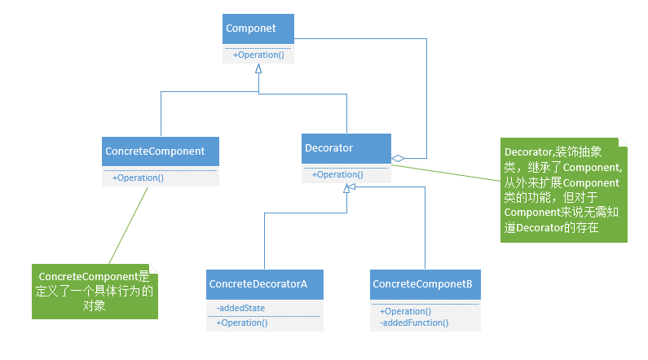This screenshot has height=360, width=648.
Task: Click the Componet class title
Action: (x=250, y=28)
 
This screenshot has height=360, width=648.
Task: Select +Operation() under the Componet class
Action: (x=258, y=55)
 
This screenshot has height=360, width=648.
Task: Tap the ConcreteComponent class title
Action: (x=155, y=151)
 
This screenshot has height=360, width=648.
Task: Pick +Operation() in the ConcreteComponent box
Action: (x=138, y=178)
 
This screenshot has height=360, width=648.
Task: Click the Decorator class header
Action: (x=329, y=147)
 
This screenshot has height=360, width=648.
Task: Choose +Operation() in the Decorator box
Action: (x=337, y=174)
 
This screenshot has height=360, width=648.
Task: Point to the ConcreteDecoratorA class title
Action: (x=258, y=284)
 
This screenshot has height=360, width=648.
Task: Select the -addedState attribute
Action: (x=240, y=308)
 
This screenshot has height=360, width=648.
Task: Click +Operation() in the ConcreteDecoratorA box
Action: (x=242, y=323)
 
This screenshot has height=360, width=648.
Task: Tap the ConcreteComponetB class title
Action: (x=422, y=284)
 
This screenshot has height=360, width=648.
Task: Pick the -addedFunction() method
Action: (x=414, y=323)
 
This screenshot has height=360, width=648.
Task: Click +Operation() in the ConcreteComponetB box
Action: (x=405, y=311)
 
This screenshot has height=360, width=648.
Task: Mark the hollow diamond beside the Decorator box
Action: (x=398, y=158)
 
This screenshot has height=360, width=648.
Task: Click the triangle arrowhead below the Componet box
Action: (x=258, y=68)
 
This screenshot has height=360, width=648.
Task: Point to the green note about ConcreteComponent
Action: (x=95, y=292)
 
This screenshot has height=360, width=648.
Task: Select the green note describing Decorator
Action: (x=564, y=190)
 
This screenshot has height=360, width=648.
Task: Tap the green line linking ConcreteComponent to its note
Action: (x=128, y=226)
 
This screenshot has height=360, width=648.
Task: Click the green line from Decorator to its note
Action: (x=446, y=173)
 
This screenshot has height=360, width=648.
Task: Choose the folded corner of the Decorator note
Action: (x=623, y=143)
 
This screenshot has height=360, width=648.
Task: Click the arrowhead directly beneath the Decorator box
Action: (x=346, y=188)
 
